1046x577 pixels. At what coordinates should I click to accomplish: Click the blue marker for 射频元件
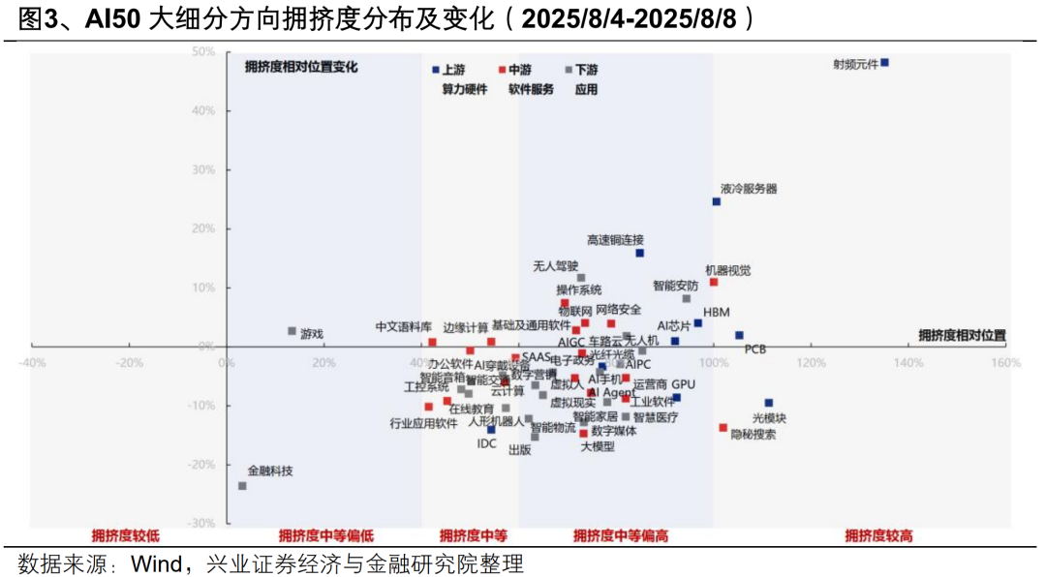tap(884, 63)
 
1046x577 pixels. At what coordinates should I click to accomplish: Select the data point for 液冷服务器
tap(717, 201)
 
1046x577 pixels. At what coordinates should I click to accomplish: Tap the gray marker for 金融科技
tap(242, 486)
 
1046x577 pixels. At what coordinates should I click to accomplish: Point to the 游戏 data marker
tap(292, 331)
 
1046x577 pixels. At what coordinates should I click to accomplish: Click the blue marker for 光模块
tap(769, 403)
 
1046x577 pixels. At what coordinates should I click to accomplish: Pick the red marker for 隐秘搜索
tap(723, 427)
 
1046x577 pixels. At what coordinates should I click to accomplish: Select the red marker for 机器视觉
tap(714, 282)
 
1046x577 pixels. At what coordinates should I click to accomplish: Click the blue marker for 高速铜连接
tap(639, 253)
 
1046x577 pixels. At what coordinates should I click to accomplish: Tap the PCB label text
tap(755, 349)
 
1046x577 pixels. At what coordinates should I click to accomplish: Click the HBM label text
tap(717, 312)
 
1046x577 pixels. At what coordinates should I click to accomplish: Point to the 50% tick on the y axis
tap(203, 51)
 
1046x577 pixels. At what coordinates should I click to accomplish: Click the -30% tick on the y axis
tap(201, 523)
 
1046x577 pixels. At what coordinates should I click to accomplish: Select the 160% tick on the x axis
tap(1006, 363)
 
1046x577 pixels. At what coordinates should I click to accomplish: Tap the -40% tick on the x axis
tap(32, 363)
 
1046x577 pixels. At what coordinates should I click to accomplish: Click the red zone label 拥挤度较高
tap(878, 535)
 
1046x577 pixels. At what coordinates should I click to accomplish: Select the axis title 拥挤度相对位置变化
tap(301, 67)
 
